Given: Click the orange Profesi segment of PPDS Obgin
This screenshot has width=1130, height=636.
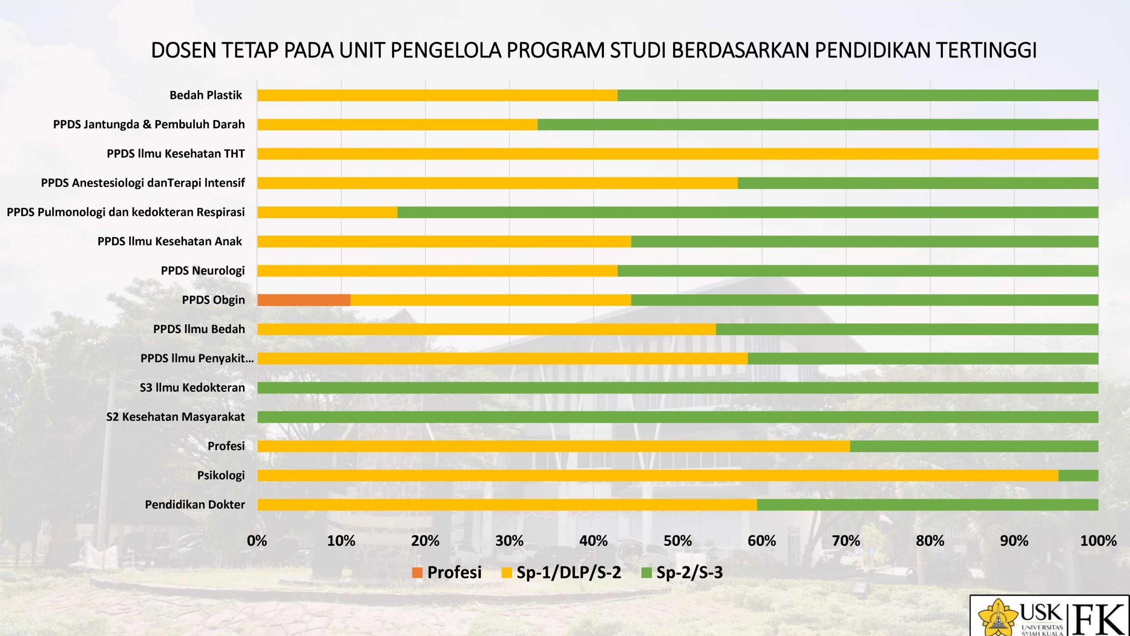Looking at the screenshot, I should (x=304, y=300).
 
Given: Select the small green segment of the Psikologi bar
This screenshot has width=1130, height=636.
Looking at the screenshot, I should (x=1078, y=476).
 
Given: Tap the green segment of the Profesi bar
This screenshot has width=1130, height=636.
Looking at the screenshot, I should (x=974, y=447).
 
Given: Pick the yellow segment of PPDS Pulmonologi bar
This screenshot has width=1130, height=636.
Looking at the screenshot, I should (x=327, y=212).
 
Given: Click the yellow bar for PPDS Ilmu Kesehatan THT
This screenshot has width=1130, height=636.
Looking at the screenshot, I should (x=678, y=154).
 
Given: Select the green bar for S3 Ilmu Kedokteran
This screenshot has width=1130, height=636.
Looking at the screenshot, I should (x=678, y=388).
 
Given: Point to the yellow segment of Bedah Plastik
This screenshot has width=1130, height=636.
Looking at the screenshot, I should (x=437, y=95).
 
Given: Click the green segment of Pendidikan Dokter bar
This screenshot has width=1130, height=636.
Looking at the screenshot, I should (x=927, y=505).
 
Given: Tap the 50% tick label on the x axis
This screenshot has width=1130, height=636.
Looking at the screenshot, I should (x=678, y=541).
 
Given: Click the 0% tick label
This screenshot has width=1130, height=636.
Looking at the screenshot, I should (x=257, y=541).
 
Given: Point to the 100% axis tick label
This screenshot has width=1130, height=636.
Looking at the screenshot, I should (x=1098, y=541).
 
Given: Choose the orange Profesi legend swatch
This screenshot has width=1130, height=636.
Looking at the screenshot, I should (x=417, y=573).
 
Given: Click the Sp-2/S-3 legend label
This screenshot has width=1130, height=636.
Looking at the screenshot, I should (x=689, y=573).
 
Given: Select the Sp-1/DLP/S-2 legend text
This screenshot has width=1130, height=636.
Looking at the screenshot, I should (x=569, y=573).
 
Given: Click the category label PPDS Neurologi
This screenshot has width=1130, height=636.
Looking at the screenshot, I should (x=203, y=271).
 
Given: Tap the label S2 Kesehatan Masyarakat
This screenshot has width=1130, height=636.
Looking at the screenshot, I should (x=175, y=417).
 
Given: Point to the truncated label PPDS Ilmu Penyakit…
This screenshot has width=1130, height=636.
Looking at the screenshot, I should (x=197, y=358).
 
